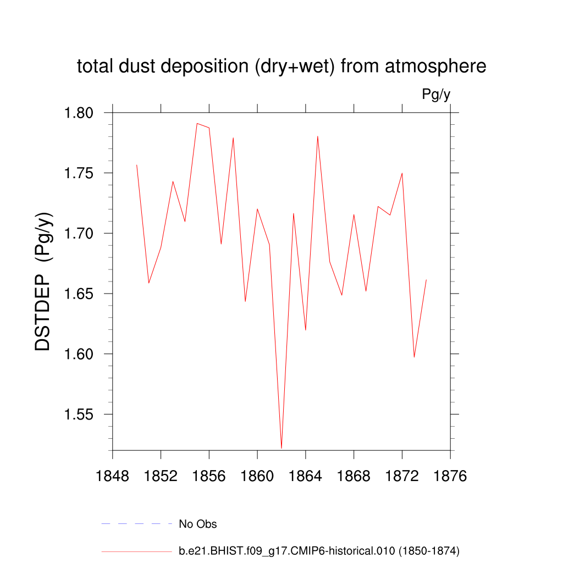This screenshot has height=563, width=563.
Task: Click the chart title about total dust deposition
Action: pyautogui.click(x=281, y=67)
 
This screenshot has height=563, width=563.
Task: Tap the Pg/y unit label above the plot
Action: pyautogui.click(x=436, y=95)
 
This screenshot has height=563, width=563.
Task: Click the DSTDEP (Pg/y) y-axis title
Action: pyautogui.click(x=44, y=281)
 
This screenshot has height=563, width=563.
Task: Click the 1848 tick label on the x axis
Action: pyautogui.click(x=112, y=476)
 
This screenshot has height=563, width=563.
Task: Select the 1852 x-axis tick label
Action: pyautogui.click(x=161, y=476)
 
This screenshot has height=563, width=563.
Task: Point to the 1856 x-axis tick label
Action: pyautogui.click(x=209, y=476)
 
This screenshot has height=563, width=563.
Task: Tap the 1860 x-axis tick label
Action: pyautogui.click(x=257, y=476)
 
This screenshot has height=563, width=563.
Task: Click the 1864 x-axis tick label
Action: pyautogui.click(x=306, y=476)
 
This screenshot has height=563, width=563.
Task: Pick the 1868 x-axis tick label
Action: pyautogui.click(x=354, y=476)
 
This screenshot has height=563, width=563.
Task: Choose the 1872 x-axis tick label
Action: pyautogui.click(x=402, y=476)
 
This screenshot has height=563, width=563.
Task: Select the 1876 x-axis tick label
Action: pyautogui.click(x=450, y=476)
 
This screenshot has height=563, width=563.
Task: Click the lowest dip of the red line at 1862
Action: pyautogui.click(x=281, y=448)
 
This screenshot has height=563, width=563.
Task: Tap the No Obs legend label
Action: pyautogui.click(x=198, y=524)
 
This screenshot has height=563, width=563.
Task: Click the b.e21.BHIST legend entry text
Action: pyautogui.click(x=319, y=550)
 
